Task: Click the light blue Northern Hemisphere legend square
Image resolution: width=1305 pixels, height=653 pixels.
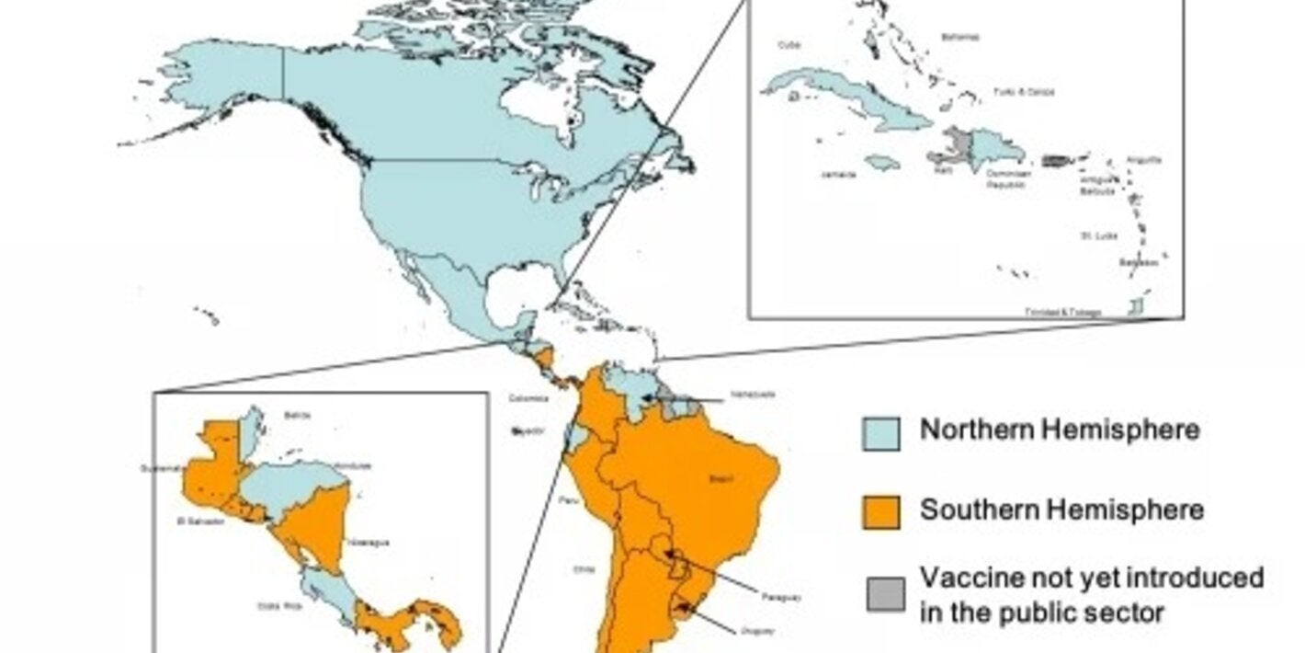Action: (880, 432)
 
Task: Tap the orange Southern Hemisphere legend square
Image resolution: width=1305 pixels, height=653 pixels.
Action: (880, 511)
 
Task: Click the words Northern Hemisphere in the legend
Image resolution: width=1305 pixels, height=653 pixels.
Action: (1060, 430)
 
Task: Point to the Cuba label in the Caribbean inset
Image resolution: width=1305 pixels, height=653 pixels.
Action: (789, 45)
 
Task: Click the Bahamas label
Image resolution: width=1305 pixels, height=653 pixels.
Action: (959, 38)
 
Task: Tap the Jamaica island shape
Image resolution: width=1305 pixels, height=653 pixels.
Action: (882, 162)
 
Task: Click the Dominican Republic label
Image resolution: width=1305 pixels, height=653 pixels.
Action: (1008, 178)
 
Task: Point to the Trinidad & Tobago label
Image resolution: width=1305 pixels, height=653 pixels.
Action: (1062, 313)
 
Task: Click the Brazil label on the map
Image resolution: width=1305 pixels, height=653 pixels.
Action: (721, 478)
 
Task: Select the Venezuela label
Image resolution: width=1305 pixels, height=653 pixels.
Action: (753, 395)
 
